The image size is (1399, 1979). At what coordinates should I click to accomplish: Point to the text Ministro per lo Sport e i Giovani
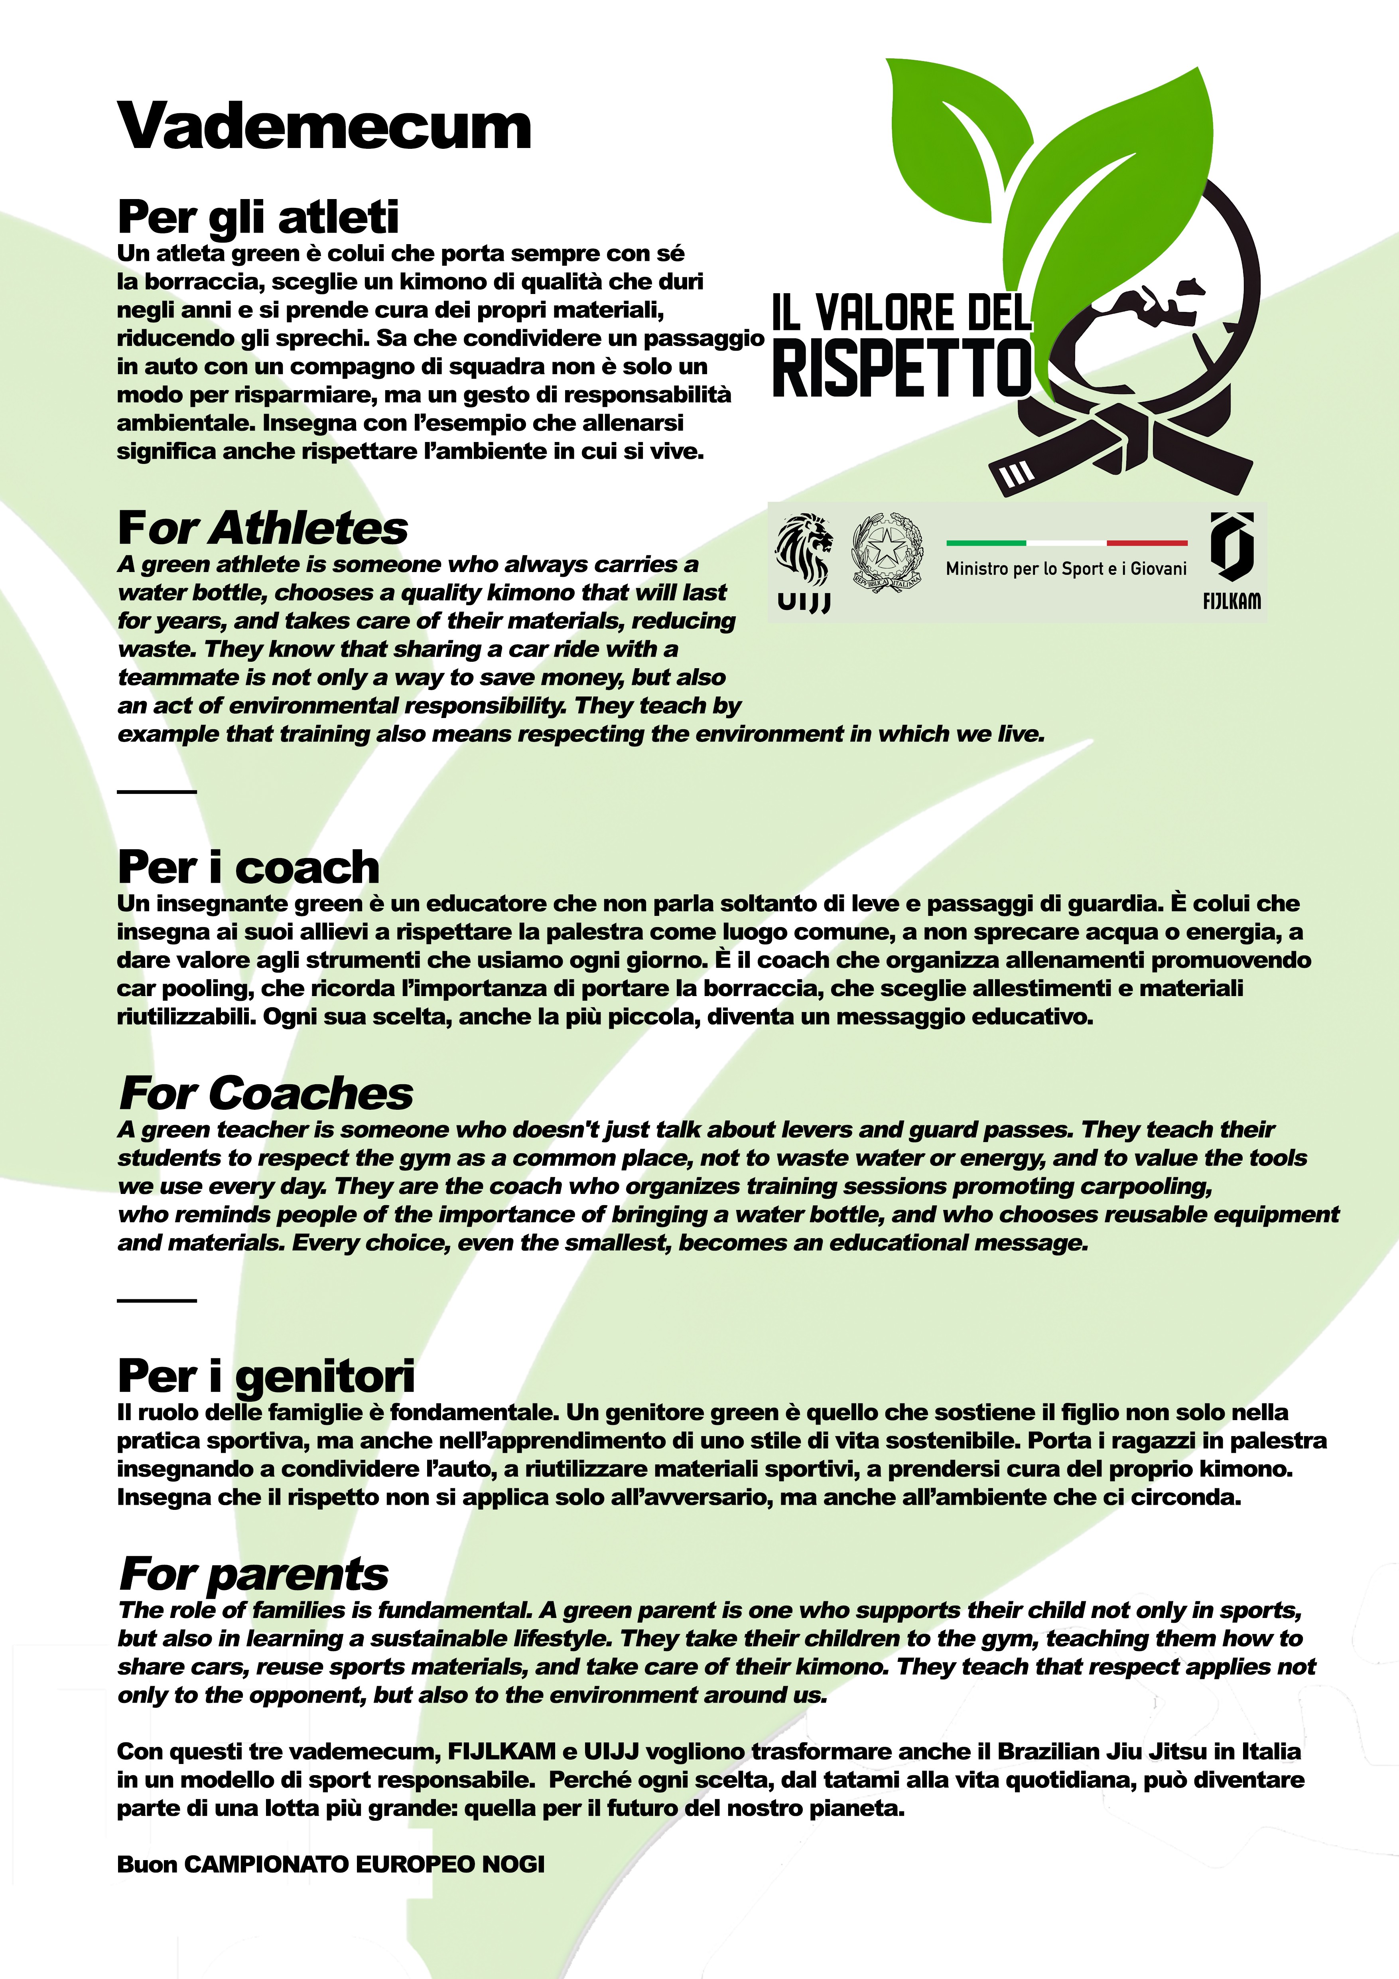[1066, 569]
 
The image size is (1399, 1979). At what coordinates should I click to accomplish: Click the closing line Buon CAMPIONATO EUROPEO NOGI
[331, 1865]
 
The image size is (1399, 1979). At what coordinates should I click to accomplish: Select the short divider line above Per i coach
[157, 791]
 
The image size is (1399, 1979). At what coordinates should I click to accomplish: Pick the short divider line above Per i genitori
[157, 1300]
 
